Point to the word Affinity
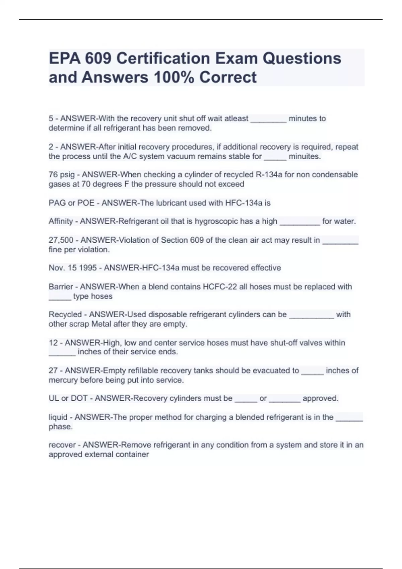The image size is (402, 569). (x=61, y=221)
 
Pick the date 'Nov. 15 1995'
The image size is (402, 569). (x=73, y=268)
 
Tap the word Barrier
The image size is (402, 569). (x=61, y=287)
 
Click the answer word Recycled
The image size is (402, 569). (x=65, y=315)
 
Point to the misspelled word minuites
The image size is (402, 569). (x=305, y=156)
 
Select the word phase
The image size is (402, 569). (x=61, y=427)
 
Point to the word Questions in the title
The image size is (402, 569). (x=301, y=59)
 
